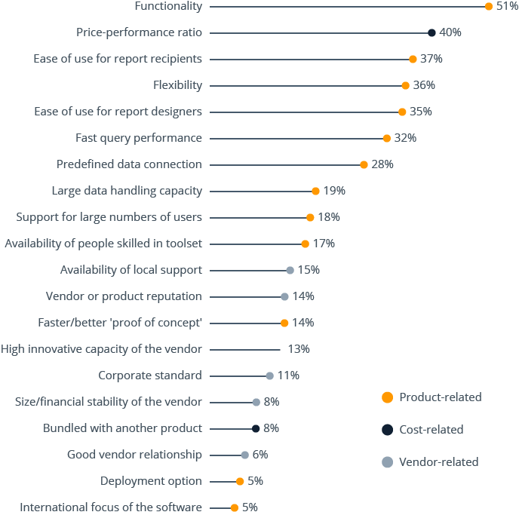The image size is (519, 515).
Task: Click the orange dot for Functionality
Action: [x=489, y=6]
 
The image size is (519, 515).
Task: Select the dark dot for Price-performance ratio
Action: [x=431, y=32]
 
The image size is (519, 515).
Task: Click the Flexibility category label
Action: [x=177, y=85]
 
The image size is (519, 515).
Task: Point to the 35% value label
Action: [x=420, y=112]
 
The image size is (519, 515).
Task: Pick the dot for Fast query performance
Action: [x=387, y=138]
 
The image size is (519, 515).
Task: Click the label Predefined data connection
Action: [x=129, y=164]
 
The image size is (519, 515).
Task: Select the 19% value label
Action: [x=334, y=191]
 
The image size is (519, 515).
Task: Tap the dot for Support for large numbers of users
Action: [x=310, y=217]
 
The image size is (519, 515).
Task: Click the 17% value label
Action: [x=324, y=244]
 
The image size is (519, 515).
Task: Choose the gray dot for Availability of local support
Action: [x=290, y=270]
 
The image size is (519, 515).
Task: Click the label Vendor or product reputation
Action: [x=124, y=296]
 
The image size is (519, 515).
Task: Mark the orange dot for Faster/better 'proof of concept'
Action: [x=284, y=323]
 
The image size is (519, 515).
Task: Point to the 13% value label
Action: [x=299, y=349]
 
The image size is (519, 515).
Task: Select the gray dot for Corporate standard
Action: [x=269, y=376]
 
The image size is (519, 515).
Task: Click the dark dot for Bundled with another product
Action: [x=256, y=428]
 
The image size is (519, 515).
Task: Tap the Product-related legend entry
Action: [x=440, y=397]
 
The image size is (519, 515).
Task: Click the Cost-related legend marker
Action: [x=387, y=430]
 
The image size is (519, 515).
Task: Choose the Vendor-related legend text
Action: [x=438, y=461]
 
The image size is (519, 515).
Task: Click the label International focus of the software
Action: [x=111, y=507]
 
